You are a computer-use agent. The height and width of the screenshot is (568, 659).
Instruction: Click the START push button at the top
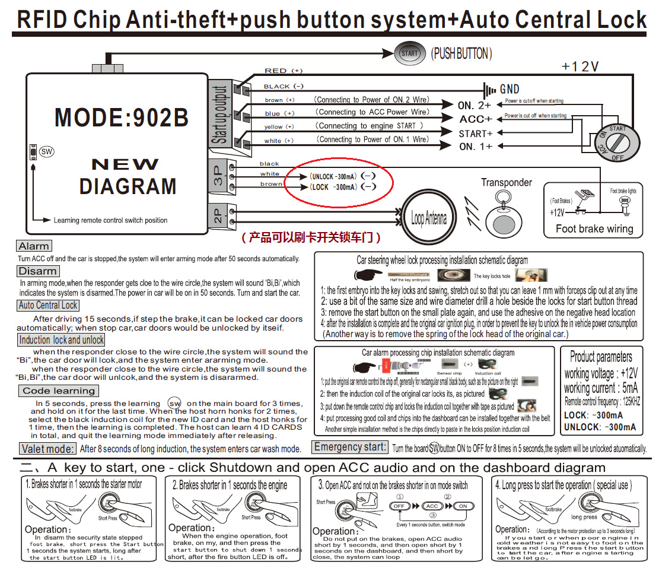409,53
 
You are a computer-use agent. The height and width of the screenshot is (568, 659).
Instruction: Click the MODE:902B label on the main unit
121,117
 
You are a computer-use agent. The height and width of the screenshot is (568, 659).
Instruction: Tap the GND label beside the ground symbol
510,90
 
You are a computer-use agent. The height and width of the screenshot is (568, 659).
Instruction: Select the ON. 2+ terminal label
475,105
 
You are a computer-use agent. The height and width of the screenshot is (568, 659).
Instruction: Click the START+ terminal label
476,134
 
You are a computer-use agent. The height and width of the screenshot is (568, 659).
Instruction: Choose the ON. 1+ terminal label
476,146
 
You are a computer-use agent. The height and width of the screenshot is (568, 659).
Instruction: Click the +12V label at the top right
580,66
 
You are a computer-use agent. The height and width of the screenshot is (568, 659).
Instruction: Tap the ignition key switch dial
617,142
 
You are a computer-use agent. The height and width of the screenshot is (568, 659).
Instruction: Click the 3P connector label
217,176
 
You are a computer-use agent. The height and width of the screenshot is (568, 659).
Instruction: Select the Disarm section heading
37,271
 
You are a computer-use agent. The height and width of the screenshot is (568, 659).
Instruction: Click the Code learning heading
58,391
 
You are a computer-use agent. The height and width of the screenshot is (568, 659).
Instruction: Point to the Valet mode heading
47,449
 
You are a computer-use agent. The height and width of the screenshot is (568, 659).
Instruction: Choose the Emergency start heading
350,448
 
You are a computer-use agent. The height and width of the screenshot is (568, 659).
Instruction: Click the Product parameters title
601,357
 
